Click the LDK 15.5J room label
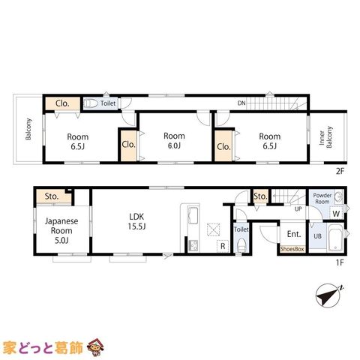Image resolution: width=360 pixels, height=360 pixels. click(136, 221)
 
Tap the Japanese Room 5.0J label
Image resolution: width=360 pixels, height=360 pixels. click(61, 230)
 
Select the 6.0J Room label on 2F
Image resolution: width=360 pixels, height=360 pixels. click(174, 141)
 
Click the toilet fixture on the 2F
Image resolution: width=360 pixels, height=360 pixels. click(91, 103)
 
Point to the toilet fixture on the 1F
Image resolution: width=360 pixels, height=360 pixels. click(241, 244)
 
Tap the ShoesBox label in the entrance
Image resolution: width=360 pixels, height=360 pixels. click(292, 249)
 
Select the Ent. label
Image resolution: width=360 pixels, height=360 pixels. click(294, 234)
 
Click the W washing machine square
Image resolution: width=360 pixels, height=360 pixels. click(336, 213)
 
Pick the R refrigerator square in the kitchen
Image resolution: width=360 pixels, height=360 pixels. click(223, 246)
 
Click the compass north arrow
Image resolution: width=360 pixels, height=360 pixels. click(328, 294)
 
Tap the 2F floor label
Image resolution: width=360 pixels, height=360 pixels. click(340, 171)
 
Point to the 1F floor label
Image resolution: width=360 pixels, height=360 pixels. click(340, 262)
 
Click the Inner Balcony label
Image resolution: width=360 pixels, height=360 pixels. click(325, 137)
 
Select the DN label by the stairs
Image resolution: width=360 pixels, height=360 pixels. click(241, 103)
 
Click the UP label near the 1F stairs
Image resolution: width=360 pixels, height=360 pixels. click(298, 208)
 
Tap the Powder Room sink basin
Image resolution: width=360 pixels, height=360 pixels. click(339, 196)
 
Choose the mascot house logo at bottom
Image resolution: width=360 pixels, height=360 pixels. click(95, 347)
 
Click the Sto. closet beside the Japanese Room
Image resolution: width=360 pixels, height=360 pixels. click(53, 196)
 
